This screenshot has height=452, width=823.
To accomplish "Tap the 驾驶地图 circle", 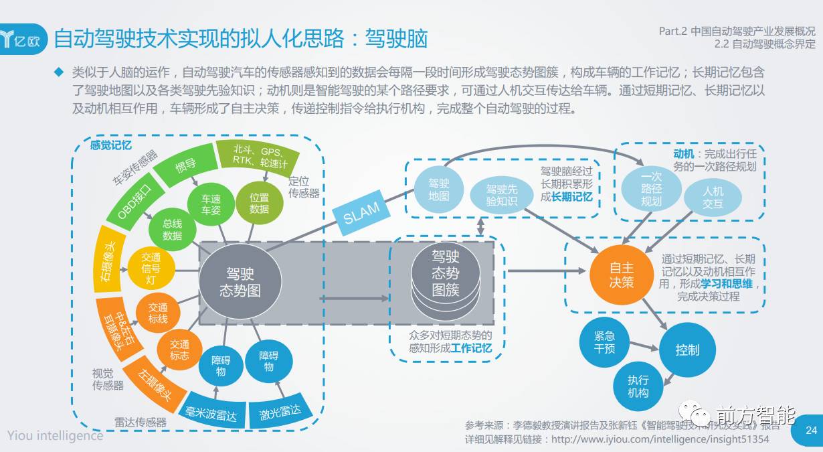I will click(438, 190).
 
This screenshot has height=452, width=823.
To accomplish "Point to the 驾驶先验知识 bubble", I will click(502, 194).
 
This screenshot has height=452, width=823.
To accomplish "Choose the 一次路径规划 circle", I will click(650, 188).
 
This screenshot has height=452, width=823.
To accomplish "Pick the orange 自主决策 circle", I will click(621, 275).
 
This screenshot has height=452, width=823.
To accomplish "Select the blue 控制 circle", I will click(687, 350).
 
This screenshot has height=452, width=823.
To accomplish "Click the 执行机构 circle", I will click(638, 386).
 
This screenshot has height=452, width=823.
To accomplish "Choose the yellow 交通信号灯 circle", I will click(151, 268).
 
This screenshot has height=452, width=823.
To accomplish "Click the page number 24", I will click(812, 430).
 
